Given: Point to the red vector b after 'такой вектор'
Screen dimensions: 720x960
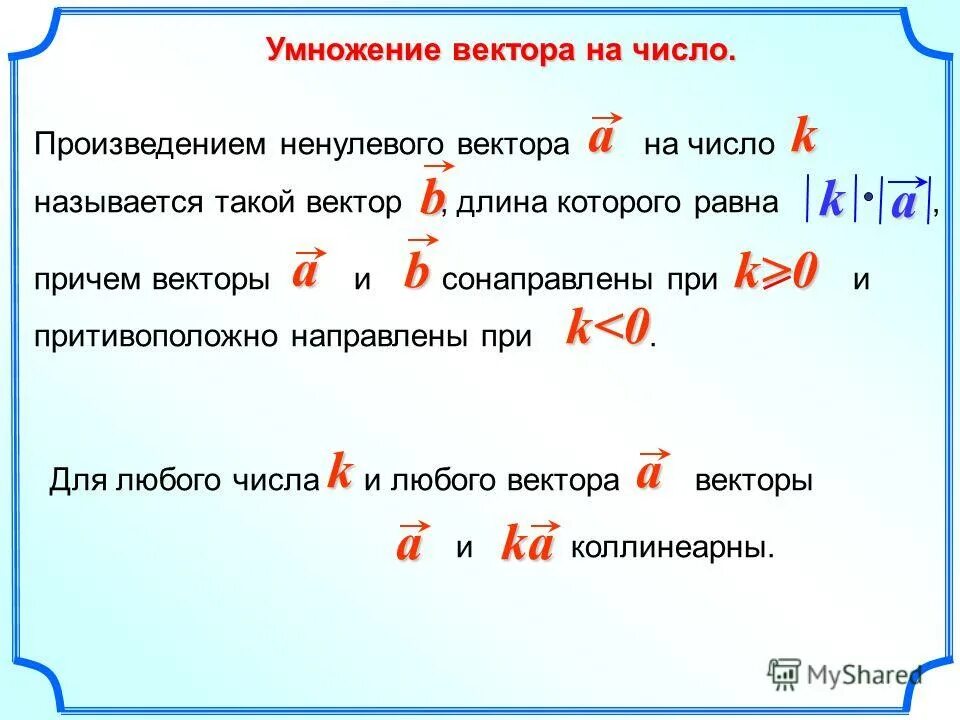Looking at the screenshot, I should click(430, 197).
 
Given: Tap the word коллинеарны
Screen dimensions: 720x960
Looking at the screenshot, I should click(672, 548).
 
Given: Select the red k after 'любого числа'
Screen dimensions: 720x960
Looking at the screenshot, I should click(340, 471).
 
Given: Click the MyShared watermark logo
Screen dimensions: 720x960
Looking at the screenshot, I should click(845, 674).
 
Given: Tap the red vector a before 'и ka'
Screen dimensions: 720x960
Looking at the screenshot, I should click(408, 545).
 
